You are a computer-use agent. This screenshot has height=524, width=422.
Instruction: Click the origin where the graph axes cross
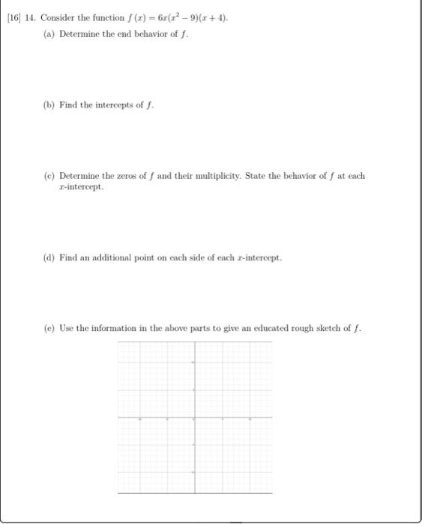195,417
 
